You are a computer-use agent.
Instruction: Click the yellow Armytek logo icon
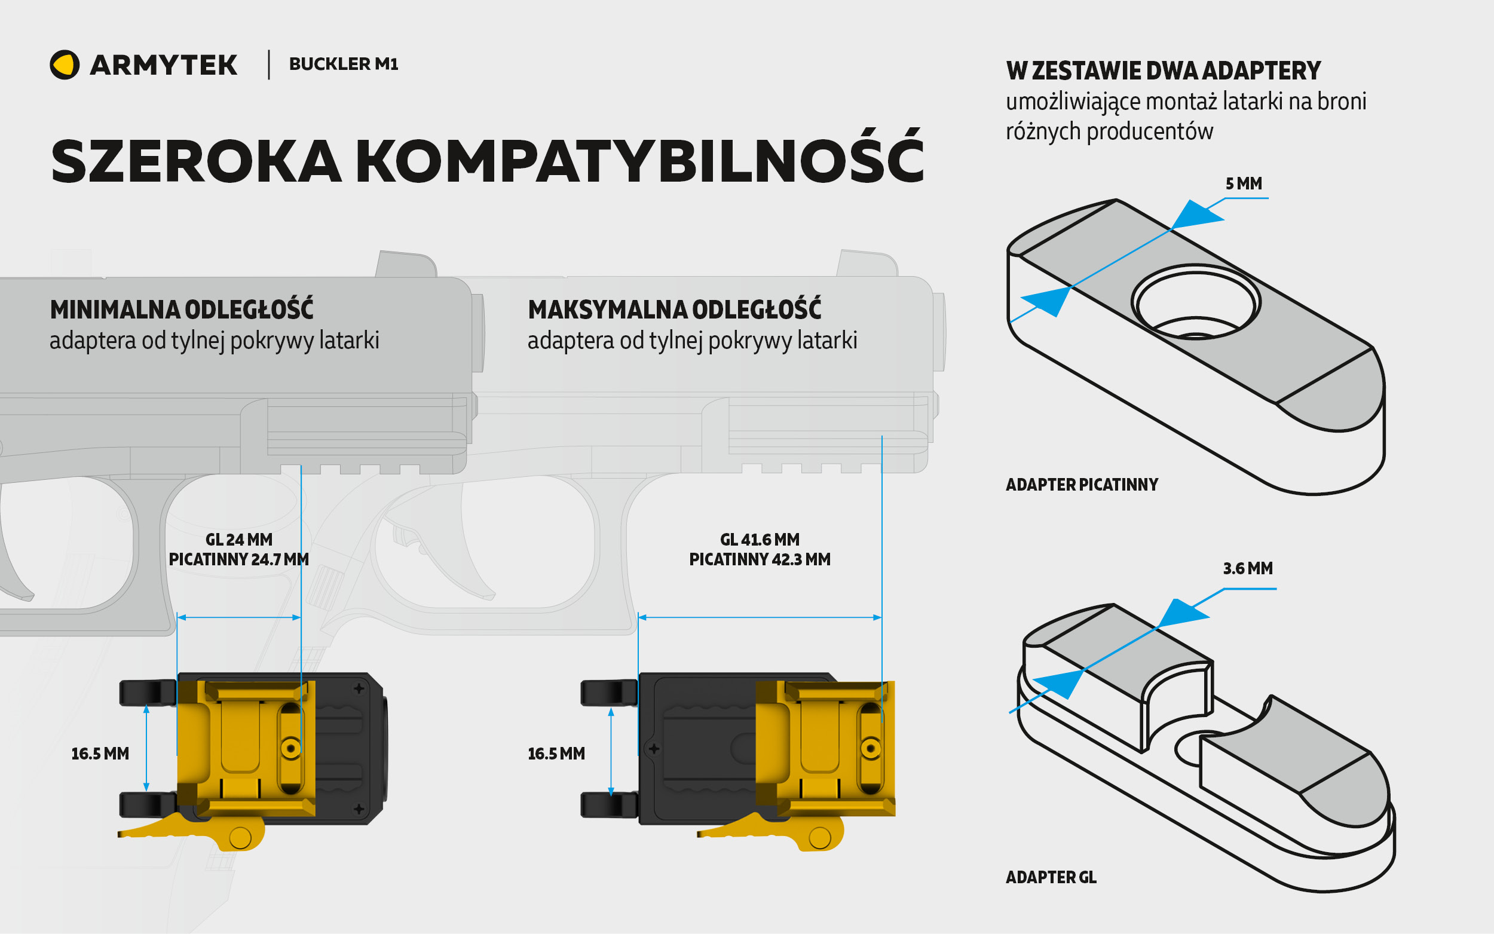click(64, 65)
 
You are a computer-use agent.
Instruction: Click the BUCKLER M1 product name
click(344, 63)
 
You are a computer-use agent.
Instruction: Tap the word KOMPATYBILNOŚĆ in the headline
click(639, 161)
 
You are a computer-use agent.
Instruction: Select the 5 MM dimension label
click(1243, 183)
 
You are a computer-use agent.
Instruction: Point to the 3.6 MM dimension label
click(1248, 568)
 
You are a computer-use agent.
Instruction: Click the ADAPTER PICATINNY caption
click(1082, 484)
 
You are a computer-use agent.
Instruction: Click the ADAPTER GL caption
click(1051, 877)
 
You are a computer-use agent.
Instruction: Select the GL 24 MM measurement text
click(238, 539)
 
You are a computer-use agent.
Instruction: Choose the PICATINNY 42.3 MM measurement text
click(759, 560)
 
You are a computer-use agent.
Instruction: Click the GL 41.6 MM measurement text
click(759, 539)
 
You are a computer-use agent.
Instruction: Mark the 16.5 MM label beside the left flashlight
click(99, 754)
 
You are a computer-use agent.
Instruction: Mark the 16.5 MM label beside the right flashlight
click(555, 754)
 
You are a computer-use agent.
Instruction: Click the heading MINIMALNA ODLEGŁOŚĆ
click(182, 310)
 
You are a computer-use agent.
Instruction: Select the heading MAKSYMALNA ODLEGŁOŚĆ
click(674, 310)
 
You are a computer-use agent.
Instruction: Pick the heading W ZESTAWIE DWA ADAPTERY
click(1163, 71)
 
